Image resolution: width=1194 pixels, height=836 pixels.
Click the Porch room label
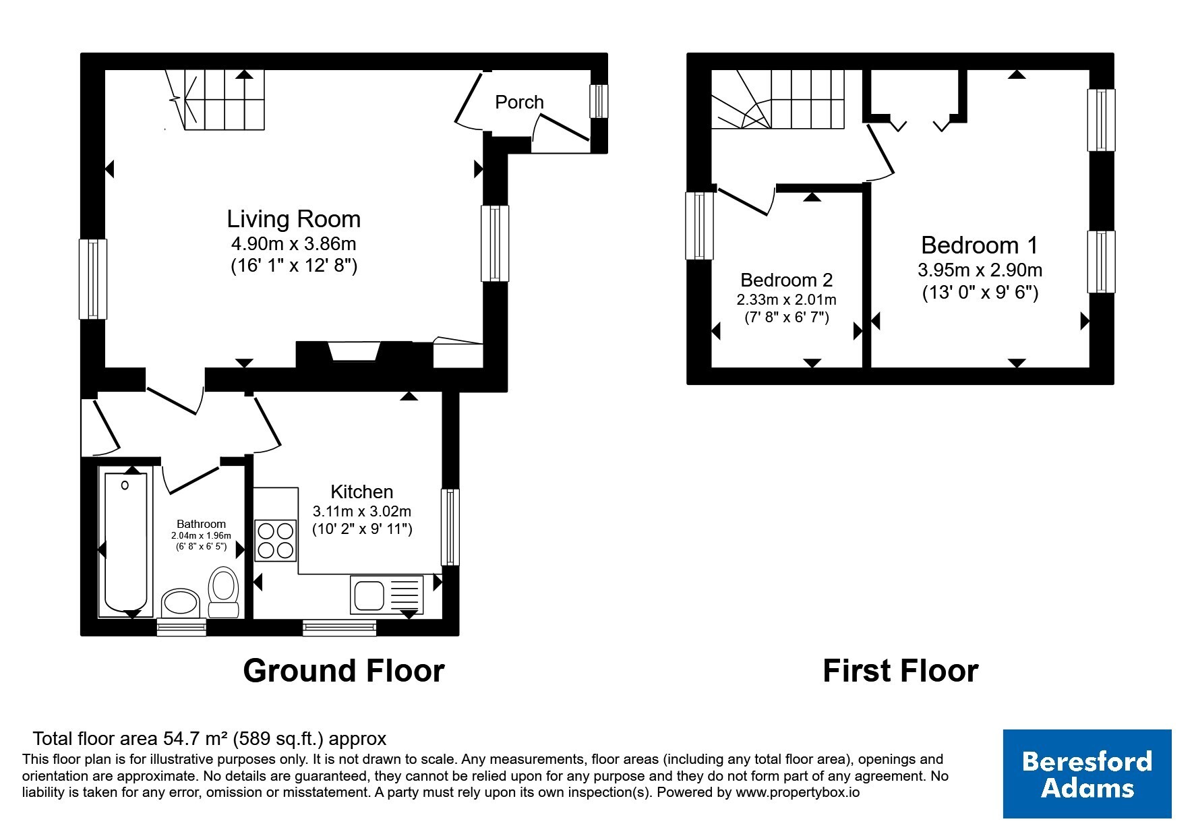pyautogui.click(x=519, y=102)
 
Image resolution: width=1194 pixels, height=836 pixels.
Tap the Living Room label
pyautogui.click(x=293, y=219)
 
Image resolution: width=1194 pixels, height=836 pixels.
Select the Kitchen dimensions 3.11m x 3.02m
pyautogui.click(x=362, y=511)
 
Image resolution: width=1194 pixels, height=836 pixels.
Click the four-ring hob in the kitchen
pyautogui.click(x=275, y=540)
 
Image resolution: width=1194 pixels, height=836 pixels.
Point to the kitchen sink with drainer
pyautogui.click(x=386, y=595)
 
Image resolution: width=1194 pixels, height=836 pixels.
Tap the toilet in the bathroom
pyautogui.click(x=223, y=593)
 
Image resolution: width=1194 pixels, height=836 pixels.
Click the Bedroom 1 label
pyautogui.click(x=980, y=245)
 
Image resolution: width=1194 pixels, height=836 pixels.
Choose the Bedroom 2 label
pyautogui.click(x=787, y=280)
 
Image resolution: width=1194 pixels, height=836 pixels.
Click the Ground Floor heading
pyautogui.click(x=344, y=671)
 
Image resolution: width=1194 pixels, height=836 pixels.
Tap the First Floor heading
pyautogui.click(x=901, y=671)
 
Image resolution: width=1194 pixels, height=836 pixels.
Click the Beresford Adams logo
pyautogui.click(x=1087, y=774)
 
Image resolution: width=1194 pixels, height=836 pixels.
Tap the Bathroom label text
pyautogui.click(x=201, y=524)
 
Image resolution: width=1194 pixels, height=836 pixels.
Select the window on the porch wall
pyautogui.click(x=599, y=101)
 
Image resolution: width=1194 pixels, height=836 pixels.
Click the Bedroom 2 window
pyautogui.click(x=698, y=226)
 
